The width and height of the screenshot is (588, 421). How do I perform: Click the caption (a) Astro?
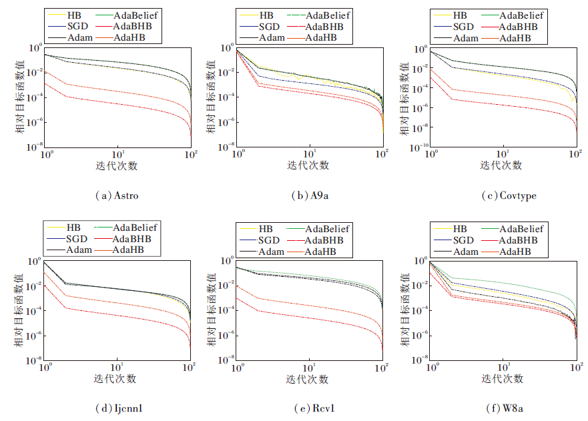(x=118, y=196)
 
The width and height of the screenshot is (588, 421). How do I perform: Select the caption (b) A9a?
(x=310, y=196)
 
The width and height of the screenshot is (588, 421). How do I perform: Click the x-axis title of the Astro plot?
(x=117, y=166)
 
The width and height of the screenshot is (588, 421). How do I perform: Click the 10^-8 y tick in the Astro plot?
(x=34, y=145)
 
